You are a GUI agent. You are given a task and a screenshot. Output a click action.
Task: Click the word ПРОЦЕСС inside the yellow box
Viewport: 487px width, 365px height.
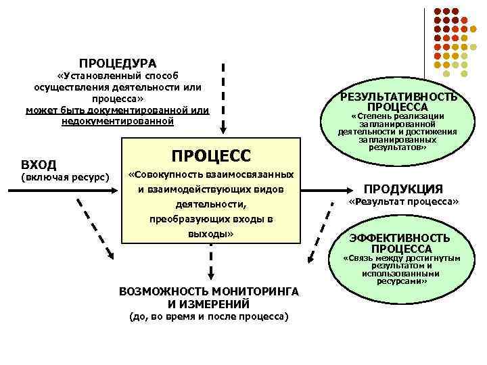pyautogui.click(x=210, y=155)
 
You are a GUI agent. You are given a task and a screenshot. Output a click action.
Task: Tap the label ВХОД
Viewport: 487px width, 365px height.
pyautogui.click(x=39, y=164)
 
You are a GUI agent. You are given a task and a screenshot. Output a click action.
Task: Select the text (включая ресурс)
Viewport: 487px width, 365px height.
pyautogui.click(x=66, y=178)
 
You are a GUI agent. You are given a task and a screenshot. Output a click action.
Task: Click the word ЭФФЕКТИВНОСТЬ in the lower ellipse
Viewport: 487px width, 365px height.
pyautogui.click(x=399, y=238)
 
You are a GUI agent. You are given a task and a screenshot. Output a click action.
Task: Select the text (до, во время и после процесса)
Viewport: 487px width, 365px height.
pyautogui.click(x=208, y=316)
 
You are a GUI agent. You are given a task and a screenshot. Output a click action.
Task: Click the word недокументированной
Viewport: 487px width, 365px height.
pyautogui.click(x=118, y=120)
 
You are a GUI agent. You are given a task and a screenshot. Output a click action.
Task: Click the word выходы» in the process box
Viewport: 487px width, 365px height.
pyautogui.click(x=210, y=233)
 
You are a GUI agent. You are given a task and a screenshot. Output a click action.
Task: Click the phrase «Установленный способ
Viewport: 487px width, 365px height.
pyautogui.click(x=118, y=76)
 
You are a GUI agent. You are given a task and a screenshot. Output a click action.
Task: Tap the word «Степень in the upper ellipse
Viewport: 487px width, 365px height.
pyautogui.click(x=371, y=117)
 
